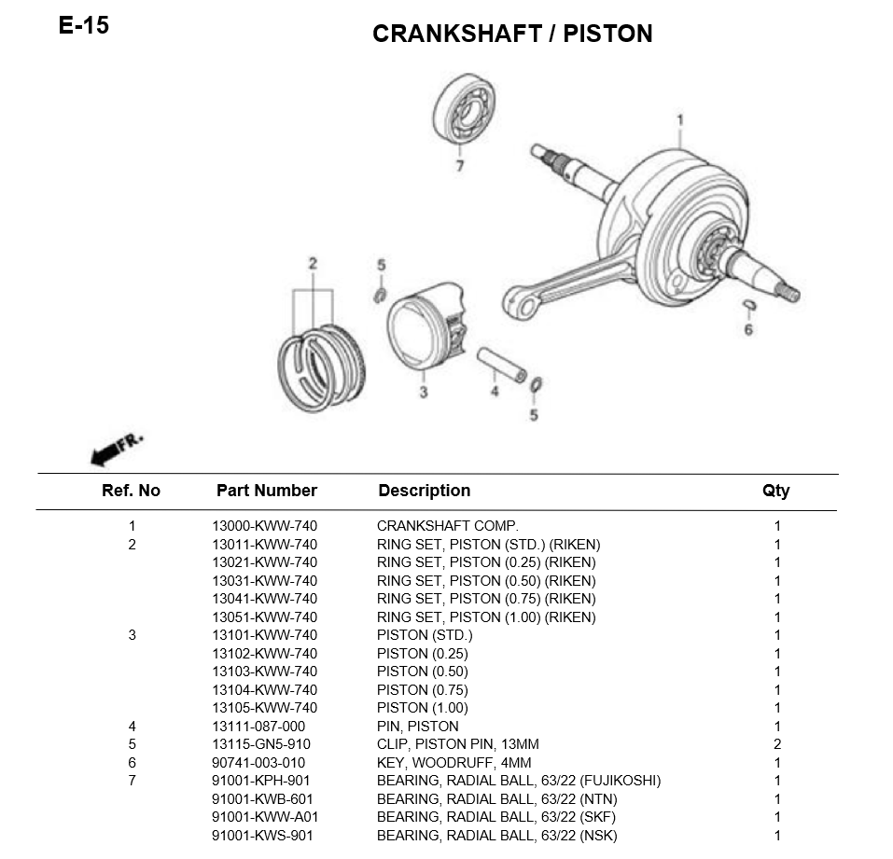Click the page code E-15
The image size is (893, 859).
point(84,25)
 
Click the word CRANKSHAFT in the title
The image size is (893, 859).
point(456,34)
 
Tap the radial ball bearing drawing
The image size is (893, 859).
point(464,108)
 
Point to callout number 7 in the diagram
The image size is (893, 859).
point(460,166)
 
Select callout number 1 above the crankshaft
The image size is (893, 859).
point(679,120)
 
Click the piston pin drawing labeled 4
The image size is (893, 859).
point(502,365)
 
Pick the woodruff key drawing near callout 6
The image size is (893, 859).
point(750,306)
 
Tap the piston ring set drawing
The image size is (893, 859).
point(322,367)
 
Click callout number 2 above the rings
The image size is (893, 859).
point(313,264)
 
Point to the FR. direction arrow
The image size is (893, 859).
point(117,450)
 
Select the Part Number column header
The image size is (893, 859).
point(267,491)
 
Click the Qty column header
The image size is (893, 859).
point(776,492)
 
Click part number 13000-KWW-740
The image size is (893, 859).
point(265,526)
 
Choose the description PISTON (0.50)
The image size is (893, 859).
point(423,672)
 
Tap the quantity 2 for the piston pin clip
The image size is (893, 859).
point(777,744)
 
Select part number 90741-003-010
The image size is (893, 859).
point(258,763)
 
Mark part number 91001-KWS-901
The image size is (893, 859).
point(262,836)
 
